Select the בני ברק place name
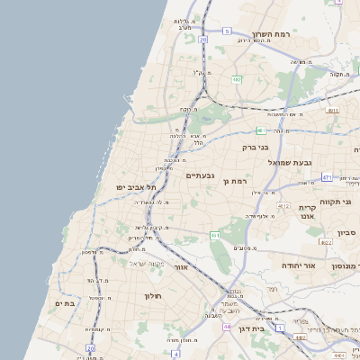(256, 147)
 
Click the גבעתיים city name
(199, 175)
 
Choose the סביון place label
(346, 233)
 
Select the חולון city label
(151, 295)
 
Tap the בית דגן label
(254, 330)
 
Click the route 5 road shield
(227, 31)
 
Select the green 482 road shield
(237, 81)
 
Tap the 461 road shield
(216, 235)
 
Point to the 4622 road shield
(326, 242)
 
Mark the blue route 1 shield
(279, 328)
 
